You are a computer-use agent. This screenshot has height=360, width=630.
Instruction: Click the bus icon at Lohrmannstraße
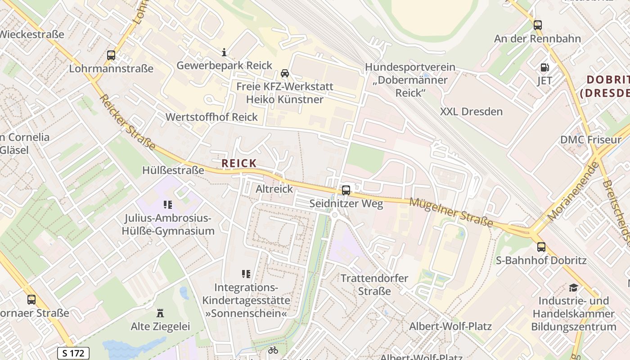111,55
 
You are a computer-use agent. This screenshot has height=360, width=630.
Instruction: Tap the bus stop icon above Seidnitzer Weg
346,190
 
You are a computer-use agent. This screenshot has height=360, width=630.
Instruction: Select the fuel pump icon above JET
544,67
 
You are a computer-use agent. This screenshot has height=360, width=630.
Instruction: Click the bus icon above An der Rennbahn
537,25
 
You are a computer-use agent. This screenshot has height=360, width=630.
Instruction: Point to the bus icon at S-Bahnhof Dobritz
541,247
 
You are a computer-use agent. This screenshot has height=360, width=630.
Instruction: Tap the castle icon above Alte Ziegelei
160,313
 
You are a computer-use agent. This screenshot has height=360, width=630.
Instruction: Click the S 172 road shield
73,353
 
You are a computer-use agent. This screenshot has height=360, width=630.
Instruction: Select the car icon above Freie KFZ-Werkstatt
284,73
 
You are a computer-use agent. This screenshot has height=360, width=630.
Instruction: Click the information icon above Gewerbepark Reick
224,52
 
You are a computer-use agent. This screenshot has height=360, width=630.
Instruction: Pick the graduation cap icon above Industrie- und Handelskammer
573,287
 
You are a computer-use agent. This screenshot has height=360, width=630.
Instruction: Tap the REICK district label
239,163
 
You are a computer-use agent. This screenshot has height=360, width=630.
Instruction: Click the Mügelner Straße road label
451,212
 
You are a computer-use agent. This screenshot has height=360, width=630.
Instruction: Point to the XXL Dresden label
471,112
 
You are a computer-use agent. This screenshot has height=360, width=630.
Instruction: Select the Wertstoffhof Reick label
211,117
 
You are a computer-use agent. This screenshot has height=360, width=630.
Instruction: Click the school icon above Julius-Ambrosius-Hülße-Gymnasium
168,205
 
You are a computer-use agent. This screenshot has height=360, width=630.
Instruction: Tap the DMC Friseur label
590,139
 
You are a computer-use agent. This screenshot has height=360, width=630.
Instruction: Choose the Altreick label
274,189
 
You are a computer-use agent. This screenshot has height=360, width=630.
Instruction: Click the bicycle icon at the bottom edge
273,350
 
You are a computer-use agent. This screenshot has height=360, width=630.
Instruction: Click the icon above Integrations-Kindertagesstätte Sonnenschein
246,274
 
